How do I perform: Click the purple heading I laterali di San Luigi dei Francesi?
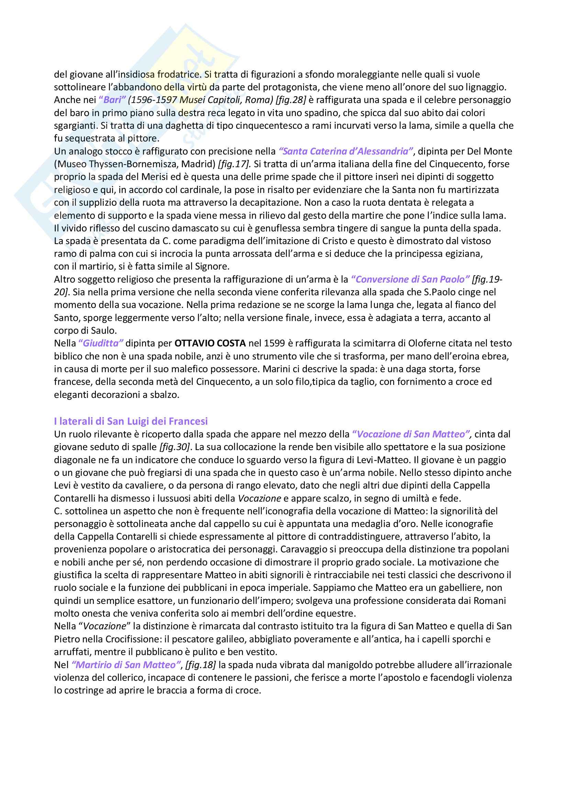tap(131, 421)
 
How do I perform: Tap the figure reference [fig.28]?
tap(291, 100)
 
